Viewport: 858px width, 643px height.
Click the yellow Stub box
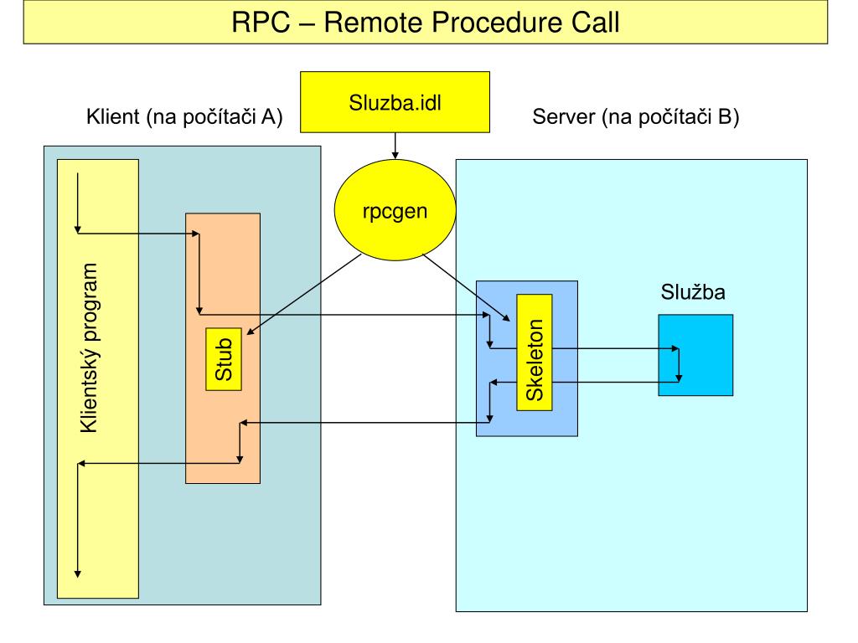tap(224, 359)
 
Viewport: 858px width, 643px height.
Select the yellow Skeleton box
tap(535, 352)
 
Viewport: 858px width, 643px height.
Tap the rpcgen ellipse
tap(395, 210)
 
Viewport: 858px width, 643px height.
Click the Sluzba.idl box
tap(395, 102)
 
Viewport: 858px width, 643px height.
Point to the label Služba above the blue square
tap(693, 292)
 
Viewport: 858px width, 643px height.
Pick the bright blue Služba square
tap(695, 355)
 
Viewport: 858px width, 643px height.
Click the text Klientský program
tap(89, 348)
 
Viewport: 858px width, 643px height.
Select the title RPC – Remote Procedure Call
tap(425, 23)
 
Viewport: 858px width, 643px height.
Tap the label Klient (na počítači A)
tap(184, 116)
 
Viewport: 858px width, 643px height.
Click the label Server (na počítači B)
tap(636, 116)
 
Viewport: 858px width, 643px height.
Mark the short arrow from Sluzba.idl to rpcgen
tap(395, 146)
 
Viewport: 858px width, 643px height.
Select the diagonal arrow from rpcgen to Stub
tap(304, 294)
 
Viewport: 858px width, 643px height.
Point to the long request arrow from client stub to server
tap(344, 315)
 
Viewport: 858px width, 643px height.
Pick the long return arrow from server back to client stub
tap(365, 423)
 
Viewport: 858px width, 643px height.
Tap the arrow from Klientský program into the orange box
tap(139, 234)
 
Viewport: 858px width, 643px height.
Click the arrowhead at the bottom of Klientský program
tap(78, 574)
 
